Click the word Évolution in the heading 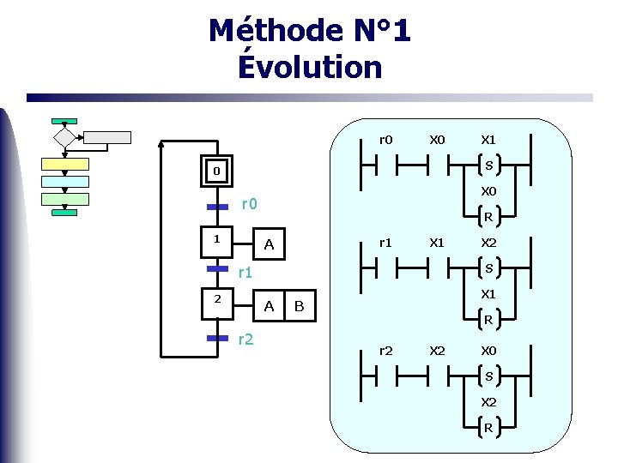pyautogui.click(x=310, y=67)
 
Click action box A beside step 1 pyautogui.click(x=270, y=245)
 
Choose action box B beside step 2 pyautogui.click(x=300, y=306)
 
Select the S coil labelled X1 pyautogui.click(x=488, y=165)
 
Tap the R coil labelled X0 pyautogui.click(x=488, y=216)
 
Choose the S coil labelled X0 pyautogui.click(x=488, y=375)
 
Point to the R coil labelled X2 pyautogui.click(x=488, y=427)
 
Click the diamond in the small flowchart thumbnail pyautogui.click(x=64, y=137)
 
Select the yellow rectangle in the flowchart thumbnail pyautogui.click(x=65, y=164)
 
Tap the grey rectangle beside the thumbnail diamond pyautogui.click(x=106, y=137)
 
